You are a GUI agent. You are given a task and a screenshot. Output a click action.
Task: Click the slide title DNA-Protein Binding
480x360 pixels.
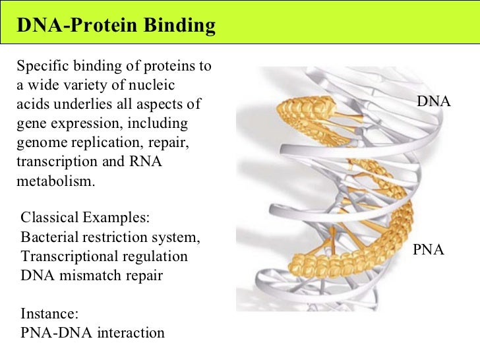click(116, 26)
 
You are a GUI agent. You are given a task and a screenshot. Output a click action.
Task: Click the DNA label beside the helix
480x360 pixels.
click(434, 102)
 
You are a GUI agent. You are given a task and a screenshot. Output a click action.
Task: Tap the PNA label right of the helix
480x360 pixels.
click(429, 250)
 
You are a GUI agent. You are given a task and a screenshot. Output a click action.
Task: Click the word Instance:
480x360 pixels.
click(48, 313)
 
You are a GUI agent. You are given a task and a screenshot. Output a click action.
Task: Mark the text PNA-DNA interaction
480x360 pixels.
click(92, 332)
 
